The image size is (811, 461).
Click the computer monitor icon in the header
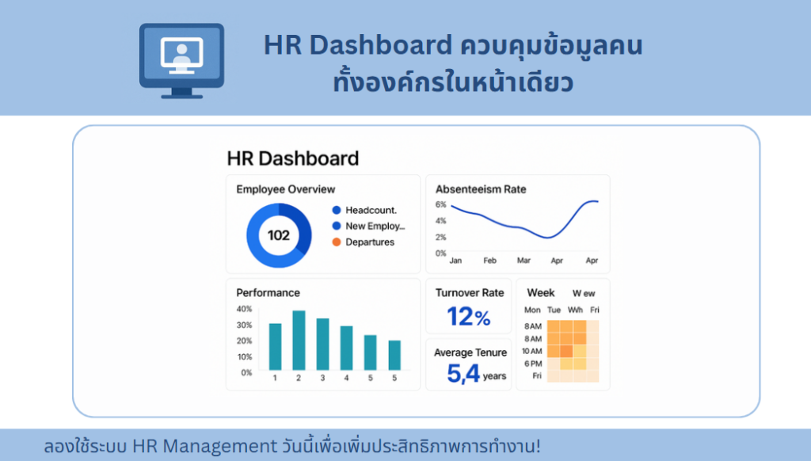181,60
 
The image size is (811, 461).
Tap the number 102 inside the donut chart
278,235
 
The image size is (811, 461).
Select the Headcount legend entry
364,210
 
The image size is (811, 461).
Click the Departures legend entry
363,242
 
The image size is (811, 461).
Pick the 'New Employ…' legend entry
368,226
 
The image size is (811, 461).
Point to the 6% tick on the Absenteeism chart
440,204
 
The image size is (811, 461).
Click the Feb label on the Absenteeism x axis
489,261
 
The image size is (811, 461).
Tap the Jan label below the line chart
455,261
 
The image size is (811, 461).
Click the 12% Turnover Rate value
469,316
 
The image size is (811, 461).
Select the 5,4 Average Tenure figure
464,373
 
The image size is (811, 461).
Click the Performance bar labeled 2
299,341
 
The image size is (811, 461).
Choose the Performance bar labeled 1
275,347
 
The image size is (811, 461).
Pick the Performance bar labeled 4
347,349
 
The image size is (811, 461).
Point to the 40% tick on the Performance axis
244,309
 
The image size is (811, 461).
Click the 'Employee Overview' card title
285,189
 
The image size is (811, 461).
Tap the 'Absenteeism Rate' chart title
481,189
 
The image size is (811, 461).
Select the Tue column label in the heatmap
554,310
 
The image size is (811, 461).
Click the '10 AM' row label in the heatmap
531,351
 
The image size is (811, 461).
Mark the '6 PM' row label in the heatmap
533,364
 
